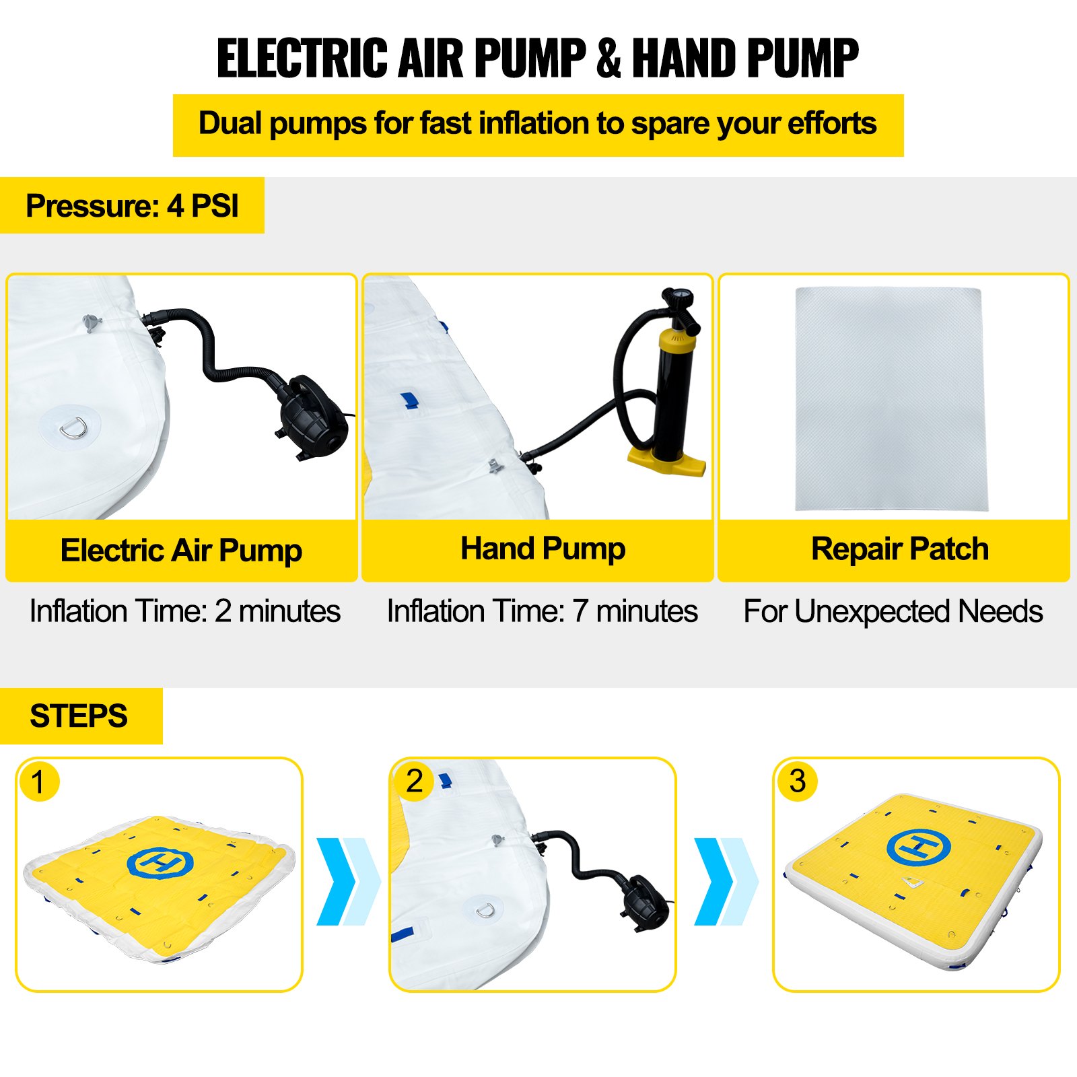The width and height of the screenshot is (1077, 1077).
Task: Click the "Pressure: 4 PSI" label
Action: click(132, 206)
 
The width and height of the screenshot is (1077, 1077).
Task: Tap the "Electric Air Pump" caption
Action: click(181, 551)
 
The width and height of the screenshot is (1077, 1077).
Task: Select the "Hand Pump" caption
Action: click(543, 549)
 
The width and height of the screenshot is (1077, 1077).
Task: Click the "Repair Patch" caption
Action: click(900, 549)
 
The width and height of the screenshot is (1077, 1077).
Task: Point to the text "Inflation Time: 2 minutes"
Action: click(185, 611)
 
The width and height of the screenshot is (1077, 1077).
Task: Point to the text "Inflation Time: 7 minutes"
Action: click(542, 611)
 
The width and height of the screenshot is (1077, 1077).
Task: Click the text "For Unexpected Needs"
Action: click(893, 612)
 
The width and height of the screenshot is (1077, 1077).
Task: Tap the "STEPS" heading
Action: click(79, 716)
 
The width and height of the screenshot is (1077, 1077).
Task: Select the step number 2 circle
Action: click(414, 781)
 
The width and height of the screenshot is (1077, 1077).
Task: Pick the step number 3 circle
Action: click(798, 781)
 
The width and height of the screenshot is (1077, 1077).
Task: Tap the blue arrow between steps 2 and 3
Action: click(726, 881)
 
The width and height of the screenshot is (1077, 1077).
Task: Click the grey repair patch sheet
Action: click(891, 398)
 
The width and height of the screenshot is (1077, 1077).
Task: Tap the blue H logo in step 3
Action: click(918, 847)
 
